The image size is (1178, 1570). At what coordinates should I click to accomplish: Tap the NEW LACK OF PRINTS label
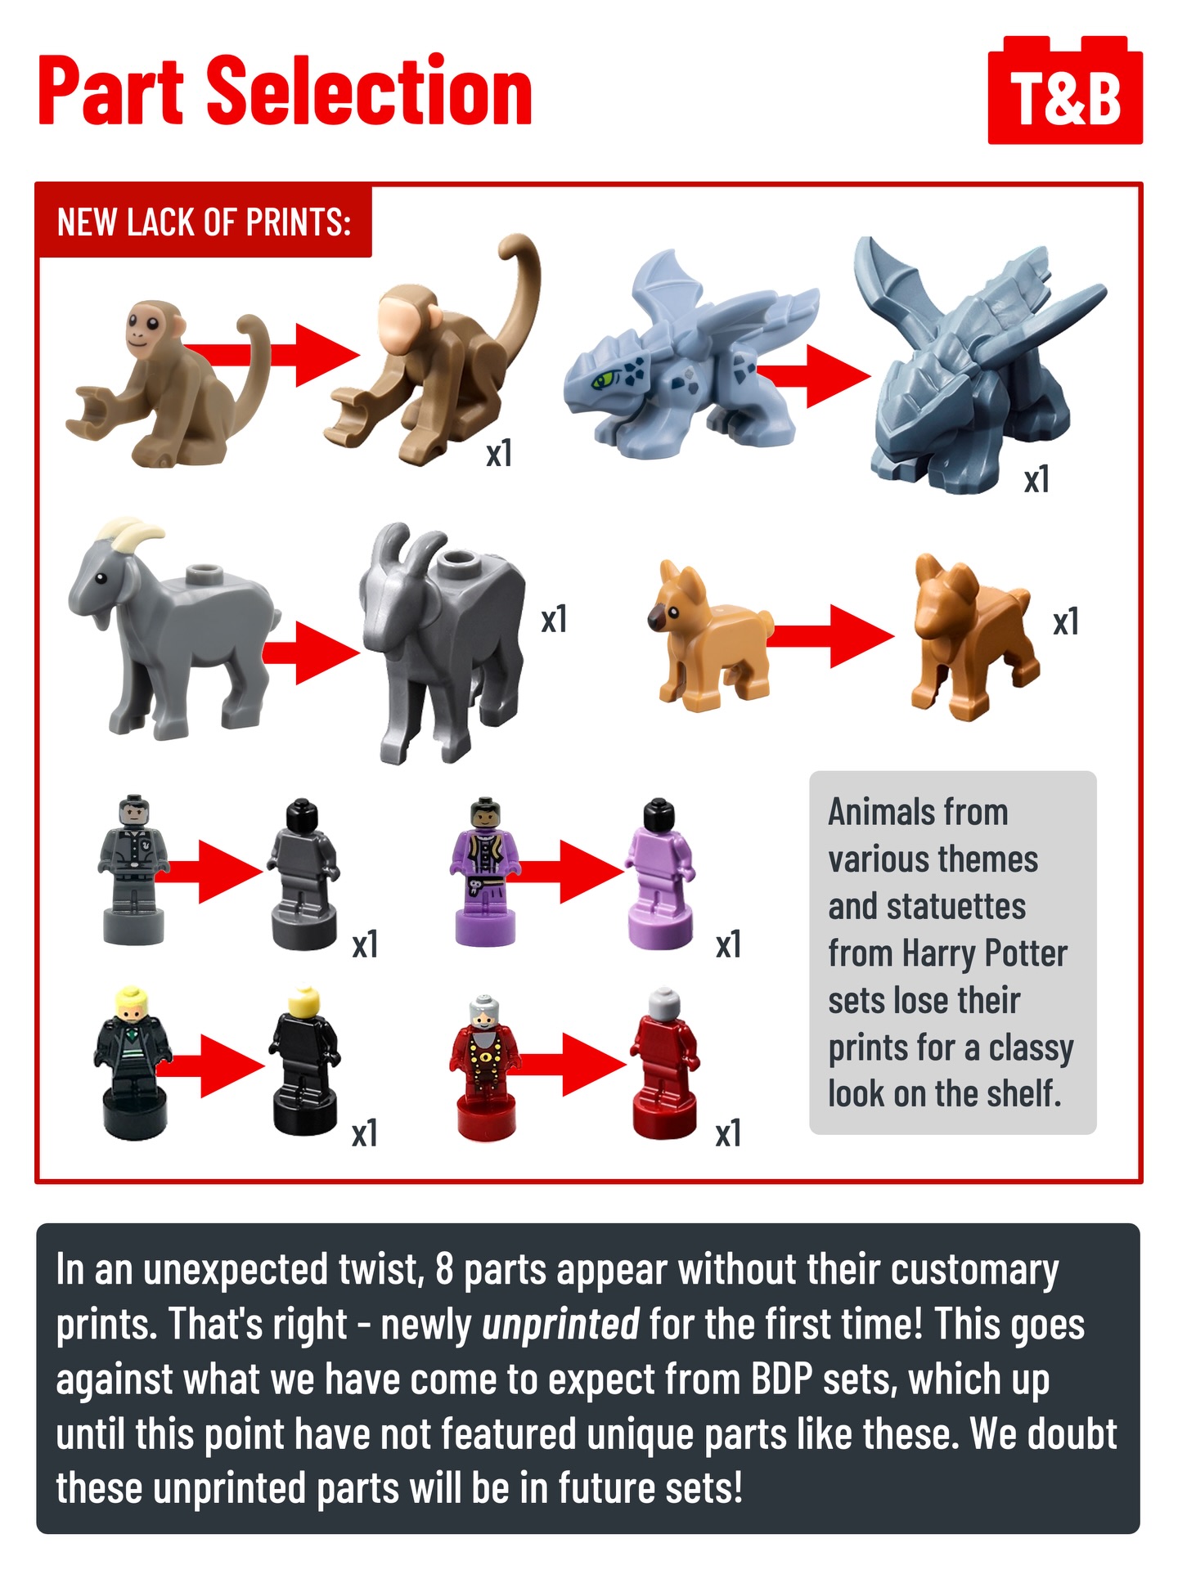click(x=204, y=222)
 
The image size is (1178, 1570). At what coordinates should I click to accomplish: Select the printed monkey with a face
click(x=168, y=383)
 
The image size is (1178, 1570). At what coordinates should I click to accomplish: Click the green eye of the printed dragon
click(x=603, y=379)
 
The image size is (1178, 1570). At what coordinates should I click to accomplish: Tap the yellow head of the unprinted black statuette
click(x=304, y=1001)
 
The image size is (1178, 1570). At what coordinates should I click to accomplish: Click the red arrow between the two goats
click(x=311, y=653)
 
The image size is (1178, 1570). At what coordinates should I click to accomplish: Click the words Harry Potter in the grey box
click(x=984, y=953)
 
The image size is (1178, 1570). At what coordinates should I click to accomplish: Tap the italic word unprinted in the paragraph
click(x=560, y=1324)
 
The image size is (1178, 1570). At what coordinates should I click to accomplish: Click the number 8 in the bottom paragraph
click(x=444, y=1270)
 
